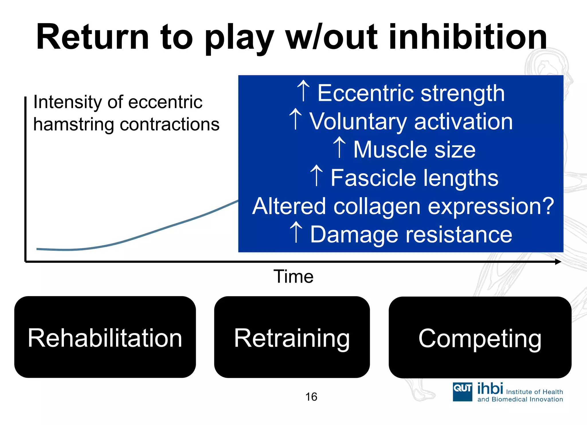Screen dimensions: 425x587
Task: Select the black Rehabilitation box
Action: click(x=105, y=337)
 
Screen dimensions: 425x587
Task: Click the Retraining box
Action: click(x=292, y=337)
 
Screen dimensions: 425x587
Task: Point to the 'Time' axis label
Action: click(x=293, y=277)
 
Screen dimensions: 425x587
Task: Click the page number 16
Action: click(x=311, y=397)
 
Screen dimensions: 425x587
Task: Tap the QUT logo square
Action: click(x=462, y=392)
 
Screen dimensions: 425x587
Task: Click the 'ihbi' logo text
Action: click(x=490, y=389)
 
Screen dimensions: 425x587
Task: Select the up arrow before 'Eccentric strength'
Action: click(x=303, y=91)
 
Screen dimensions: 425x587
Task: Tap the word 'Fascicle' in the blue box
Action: click(x=373, y=178)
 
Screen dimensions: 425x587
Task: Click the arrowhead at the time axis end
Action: click(x=558, y=261)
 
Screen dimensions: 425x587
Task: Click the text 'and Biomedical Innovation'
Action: click(x=520, y=399)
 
